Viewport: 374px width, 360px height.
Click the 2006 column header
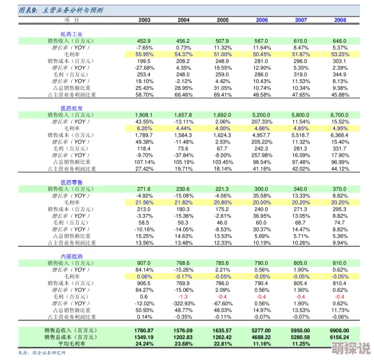(261, 20)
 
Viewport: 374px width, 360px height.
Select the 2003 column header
(144, 20)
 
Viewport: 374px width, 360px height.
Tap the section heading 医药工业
(71, 33)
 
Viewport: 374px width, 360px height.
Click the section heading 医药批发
(71, 108)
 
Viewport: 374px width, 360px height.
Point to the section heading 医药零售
(71, 182)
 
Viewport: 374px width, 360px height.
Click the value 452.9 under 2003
(144, 41)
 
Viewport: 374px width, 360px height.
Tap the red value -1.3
(183, 296)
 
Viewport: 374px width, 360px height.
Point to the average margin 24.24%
(144, 344)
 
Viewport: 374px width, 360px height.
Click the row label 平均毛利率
(71, 344)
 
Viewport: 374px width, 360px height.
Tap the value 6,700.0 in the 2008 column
(339, 115)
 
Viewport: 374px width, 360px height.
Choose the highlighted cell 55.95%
(144, 54)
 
